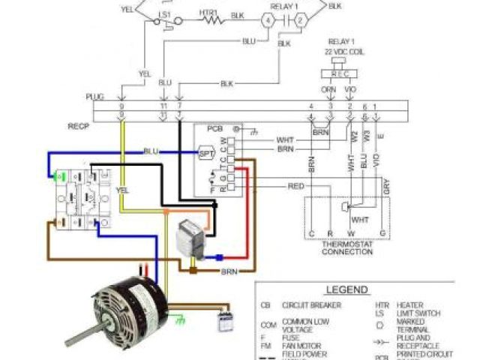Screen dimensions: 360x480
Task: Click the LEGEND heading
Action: [346, 289]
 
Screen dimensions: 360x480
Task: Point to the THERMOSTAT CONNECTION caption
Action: [346, 247]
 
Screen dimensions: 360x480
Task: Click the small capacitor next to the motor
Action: [222, 322]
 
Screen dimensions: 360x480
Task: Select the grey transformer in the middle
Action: [190, 238]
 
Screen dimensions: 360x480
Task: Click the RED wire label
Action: [295, 184]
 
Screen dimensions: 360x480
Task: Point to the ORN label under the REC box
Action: [328, 88]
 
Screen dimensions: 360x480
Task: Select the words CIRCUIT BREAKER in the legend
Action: [311, 305]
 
